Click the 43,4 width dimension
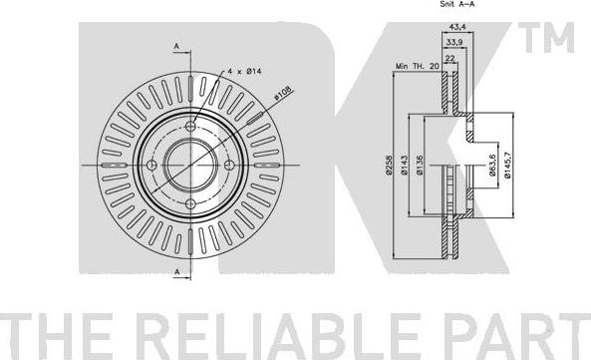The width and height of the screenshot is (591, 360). coord(457,27)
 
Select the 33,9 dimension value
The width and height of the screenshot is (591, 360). coord(454,43)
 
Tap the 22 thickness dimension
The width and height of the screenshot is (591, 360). coord(450,58)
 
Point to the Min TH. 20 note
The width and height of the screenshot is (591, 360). coord(418,66)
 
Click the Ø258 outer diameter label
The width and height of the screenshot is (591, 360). coord(389,166)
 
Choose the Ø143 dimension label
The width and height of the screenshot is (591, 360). coord(405,166)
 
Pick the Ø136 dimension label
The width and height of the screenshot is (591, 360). coord(420,166)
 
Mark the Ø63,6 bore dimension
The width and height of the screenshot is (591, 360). coord(492,166)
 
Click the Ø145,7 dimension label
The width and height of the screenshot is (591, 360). coord(507,166)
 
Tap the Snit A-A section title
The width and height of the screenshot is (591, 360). coord(457,4)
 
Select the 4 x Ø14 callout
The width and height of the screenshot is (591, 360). coord(244,71)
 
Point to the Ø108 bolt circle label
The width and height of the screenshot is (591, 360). coord(283,93)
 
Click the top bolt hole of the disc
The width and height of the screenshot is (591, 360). coord(191,126)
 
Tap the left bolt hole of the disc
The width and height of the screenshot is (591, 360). coord(151,166)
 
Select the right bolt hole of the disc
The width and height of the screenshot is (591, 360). coord(229,166)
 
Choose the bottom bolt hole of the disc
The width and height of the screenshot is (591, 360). coord(191,204)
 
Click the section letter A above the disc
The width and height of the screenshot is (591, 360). coord(176,46)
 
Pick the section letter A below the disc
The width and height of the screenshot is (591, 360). coord(176,272)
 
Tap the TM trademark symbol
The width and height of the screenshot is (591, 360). coord(546,37)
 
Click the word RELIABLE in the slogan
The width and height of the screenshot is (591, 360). coord(278,336)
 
